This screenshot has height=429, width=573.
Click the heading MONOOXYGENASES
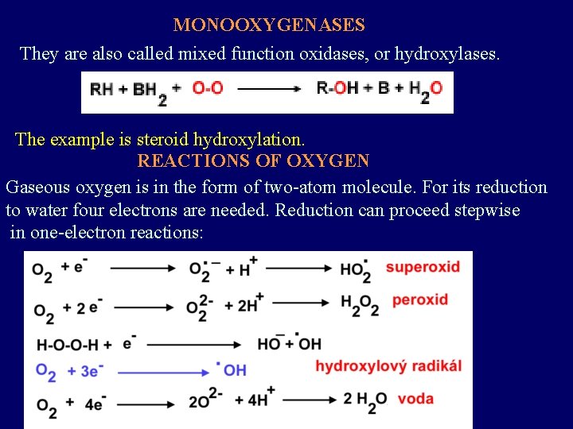click(269, 25)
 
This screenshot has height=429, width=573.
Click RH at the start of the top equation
click(101, 89)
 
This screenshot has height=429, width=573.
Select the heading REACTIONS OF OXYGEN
click(253, 160)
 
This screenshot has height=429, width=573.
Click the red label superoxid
click(423, 267)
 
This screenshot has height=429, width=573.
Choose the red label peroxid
click(419, 300)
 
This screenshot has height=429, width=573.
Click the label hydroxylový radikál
click(388, 365)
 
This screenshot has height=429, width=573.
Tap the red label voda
click(415, 398)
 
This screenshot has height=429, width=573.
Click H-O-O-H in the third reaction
click(68, 344)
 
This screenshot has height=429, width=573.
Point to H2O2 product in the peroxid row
click(360, 305)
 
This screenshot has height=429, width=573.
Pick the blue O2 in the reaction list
click(45, 372)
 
